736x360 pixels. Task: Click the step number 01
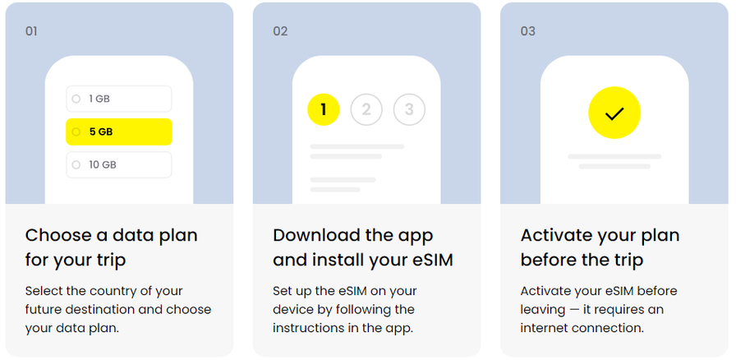(x=31, y=31)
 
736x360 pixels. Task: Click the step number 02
(x=280, y=31)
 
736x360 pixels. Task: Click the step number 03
(x=527, y=31)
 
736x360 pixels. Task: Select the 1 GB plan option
(x=119, y=99)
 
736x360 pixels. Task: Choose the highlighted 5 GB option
(x=119, y=132)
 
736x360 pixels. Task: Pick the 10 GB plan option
(x=119, y=165)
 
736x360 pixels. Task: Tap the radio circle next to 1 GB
(x=76, y=99)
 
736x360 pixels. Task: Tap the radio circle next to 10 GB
(x=76, y=165)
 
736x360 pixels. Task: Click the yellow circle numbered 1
(x=324, y=109)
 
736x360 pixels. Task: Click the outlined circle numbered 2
(x=366, y=109)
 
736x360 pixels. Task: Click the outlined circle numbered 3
(x=409, y=109)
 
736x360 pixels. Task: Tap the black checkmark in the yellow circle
(x=614, y=113)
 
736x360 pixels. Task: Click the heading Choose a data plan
(x=111, y=235)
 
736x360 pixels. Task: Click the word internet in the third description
(x=545, y=328)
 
